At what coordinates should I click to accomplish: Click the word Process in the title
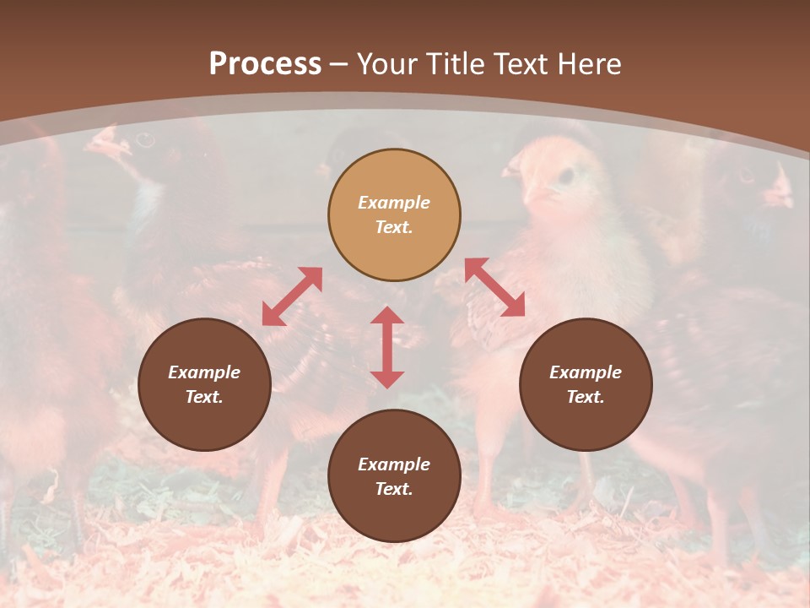click(265, 64)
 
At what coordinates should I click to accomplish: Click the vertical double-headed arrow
click(387, 347)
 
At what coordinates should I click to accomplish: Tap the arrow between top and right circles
click(494, 287)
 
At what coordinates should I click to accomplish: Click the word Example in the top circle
click(394, 203)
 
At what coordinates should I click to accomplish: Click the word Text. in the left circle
click(204, 397)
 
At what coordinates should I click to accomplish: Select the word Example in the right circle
click(586, 372)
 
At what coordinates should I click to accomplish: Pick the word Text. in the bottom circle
click(394, 489)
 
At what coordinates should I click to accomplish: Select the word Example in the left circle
click(204, 372)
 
